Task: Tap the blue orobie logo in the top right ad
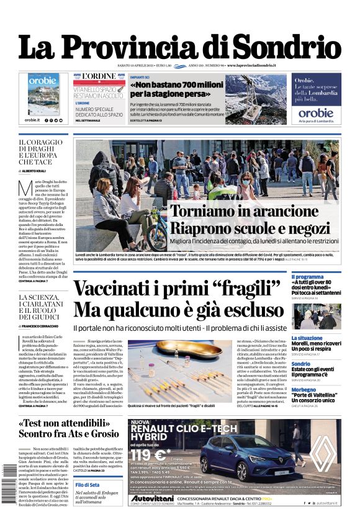(x=315, y=113)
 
